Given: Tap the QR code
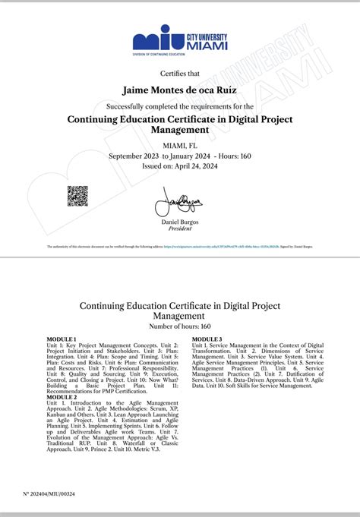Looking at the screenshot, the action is pos(77,196).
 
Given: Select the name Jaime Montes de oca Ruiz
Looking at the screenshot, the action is pos(180,91).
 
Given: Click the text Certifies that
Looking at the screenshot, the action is pos(180,73).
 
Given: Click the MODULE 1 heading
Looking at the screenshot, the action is pos(62,338).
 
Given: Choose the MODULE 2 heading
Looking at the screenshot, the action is pos(62,396).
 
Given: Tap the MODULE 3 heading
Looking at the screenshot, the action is pos(207,338).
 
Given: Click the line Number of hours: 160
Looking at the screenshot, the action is pos(180,326).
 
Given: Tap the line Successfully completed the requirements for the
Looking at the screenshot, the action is pos(180,106).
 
